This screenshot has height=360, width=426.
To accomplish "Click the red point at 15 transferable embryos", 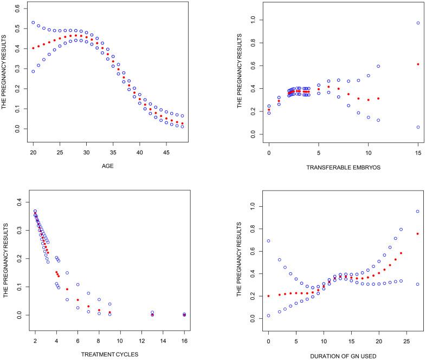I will (418, 64).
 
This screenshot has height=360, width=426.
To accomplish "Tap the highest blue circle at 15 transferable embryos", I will (418, 23).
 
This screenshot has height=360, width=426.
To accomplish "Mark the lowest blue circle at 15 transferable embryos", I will (418, 127).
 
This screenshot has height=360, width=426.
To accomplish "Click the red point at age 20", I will (33, 48).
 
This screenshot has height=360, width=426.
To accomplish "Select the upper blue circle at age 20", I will (33, 23).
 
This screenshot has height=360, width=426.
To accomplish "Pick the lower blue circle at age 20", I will (33, 71).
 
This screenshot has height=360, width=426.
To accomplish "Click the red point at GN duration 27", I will (418, 234).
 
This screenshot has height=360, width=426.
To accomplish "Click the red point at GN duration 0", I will (268, 296).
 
